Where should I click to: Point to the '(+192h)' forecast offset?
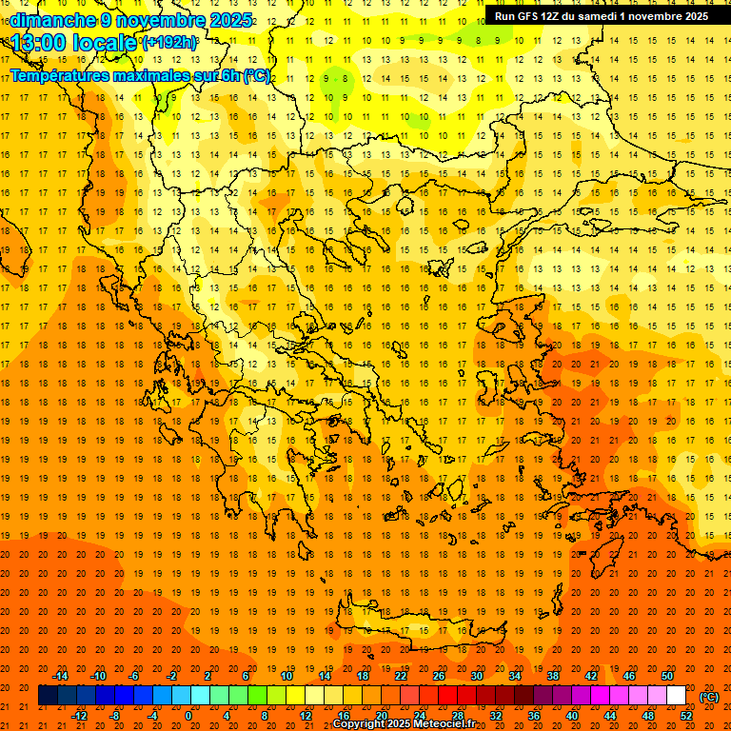[170, 43]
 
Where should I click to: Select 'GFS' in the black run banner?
[534, 16]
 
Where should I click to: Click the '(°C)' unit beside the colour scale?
[709, 697]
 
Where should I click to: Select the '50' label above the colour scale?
[667, 676]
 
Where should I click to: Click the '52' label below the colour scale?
[686, 716]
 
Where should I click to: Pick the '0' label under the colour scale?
[188, 716]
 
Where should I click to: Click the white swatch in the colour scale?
[676, 696]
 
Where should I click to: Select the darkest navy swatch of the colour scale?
[48, 696]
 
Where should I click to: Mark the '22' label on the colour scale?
[401, 676]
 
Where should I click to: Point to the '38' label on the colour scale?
[553, 676]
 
